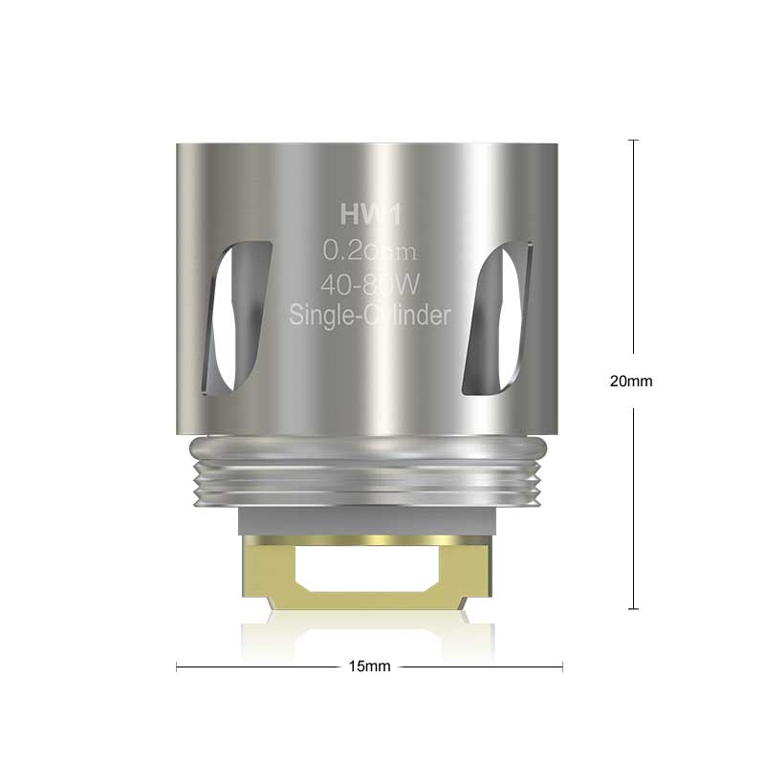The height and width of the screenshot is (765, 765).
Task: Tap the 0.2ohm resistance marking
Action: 369,251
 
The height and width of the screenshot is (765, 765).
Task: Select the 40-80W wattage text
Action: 369,284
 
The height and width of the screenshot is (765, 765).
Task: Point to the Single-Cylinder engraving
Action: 369,315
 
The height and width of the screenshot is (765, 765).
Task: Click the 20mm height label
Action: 631,381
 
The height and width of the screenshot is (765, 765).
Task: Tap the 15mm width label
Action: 369,667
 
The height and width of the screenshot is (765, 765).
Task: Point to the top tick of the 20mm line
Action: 632,140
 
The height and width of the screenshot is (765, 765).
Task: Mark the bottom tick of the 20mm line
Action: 632,608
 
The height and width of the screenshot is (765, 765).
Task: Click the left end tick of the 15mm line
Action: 177,667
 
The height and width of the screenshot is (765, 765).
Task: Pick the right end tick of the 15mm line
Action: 562,667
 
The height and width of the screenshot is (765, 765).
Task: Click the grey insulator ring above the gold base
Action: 369,521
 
